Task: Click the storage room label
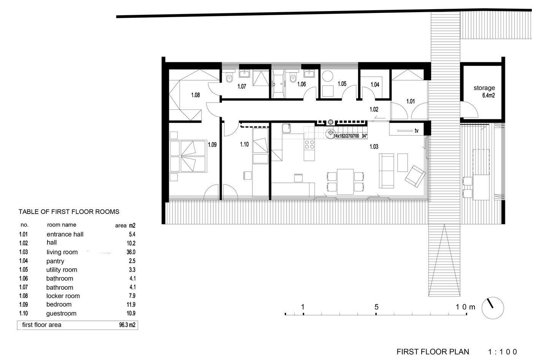484,88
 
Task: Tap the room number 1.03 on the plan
374,146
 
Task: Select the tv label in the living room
416,131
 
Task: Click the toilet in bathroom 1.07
229,77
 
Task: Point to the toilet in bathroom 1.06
293,77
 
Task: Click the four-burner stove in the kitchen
309,144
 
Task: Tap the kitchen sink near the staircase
286,128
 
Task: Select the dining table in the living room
345,182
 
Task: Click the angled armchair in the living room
415,176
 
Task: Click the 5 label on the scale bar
376,307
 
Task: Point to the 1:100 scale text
502,352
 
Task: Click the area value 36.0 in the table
131,252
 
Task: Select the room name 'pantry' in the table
55,261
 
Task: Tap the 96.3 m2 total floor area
127,325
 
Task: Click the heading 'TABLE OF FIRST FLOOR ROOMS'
69,212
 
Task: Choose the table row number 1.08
24,296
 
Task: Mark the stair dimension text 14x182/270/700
346,136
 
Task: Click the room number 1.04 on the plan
375,84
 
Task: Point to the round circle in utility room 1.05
327,76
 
